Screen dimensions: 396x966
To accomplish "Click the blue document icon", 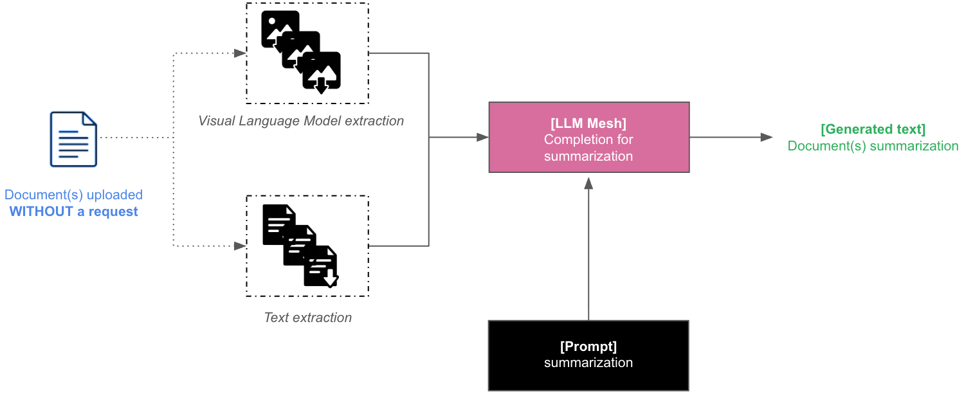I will [x=74, y=139].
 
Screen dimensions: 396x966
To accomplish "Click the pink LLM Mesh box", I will [x=588, y=137].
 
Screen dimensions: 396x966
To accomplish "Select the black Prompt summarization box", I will [x=588, y=355].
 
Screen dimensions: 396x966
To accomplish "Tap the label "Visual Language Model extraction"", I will [x=301, y=121].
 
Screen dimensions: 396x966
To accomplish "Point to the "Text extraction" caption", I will [x=307, y=318].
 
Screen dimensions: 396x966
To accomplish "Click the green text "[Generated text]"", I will [x=873, y=129].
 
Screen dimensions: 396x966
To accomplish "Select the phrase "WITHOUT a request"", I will [x=73, y=212].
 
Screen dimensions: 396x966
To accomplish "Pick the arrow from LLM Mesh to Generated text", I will [x=730, y=137].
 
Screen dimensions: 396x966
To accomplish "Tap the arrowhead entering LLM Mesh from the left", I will [x=482, y=137].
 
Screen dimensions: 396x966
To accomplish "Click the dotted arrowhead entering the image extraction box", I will [x=241, y=53].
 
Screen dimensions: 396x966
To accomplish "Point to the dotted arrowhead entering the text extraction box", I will [x=241, y=246].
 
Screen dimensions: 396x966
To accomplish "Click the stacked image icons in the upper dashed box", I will [x=301, y=51].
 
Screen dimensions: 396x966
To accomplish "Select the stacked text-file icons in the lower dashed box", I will [x=300, y=245].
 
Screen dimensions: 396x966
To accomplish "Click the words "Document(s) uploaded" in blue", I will [x=73, y=195].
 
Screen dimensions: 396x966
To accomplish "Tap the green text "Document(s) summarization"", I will [x=873, y=146].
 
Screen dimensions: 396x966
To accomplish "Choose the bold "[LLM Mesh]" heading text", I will [x=588, y=123].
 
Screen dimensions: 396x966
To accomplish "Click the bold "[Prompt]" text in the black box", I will [x=588, y=346].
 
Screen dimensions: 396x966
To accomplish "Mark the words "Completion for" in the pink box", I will [x=588, y=139].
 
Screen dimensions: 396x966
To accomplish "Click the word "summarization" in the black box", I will [x=588, y=363].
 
